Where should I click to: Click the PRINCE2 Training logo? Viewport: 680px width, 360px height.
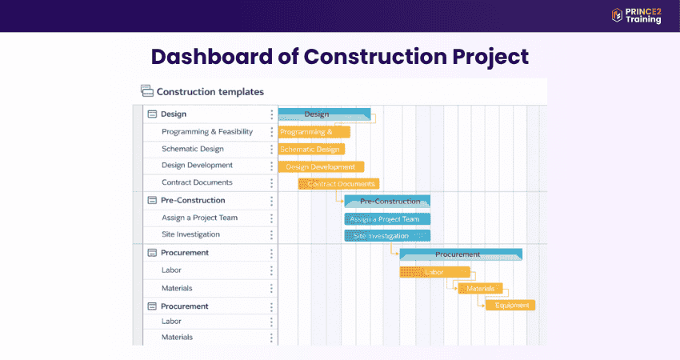pos(636,15)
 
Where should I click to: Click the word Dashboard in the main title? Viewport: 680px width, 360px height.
pos(210,58)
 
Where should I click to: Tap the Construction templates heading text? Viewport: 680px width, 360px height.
pos(210,92)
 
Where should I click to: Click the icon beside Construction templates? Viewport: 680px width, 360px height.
pos(146,91)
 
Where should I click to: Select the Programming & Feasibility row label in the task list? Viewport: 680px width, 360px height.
pos(207,131)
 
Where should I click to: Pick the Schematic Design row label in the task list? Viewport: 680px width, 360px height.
pos(193,149)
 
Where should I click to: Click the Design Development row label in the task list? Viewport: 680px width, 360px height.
pos(197,166)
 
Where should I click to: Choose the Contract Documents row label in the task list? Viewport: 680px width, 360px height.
pos(197,182)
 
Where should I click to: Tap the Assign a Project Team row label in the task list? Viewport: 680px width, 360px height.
pos(199,218)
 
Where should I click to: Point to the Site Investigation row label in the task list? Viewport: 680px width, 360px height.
pos(190,234)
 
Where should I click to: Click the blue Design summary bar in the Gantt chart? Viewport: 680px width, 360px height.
pos(324,114)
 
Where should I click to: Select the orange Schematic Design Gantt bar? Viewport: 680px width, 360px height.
pos(311,149)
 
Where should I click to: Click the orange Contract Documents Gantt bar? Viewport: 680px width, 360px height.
pos(339,184)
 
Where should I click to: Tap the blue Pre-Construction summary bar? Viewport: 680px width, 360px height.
pos(387,201)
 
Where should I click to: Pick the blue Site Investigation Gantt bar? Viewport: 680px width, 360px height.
pos(387,236)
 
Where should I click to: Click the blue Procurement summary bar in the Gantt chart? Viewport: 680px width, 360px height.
pos(460,254)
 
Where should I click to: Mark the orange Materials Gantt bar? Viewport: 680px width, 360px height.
pos(481,288)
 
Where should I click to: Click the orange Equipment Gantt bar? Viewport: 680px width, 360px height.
pos(510,305)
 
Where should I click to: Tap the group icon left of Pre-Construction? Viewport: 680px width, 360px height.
pos(152,200)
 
